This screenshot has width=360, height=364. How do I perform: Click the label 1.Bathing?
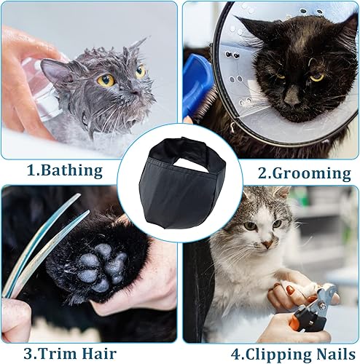[x=65, y=172]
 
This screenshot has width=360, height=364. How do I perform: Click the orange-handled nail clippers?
[x=321, y=306]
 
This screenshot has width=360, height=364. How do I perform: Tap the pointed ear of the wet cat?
[x=53, y=69]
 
